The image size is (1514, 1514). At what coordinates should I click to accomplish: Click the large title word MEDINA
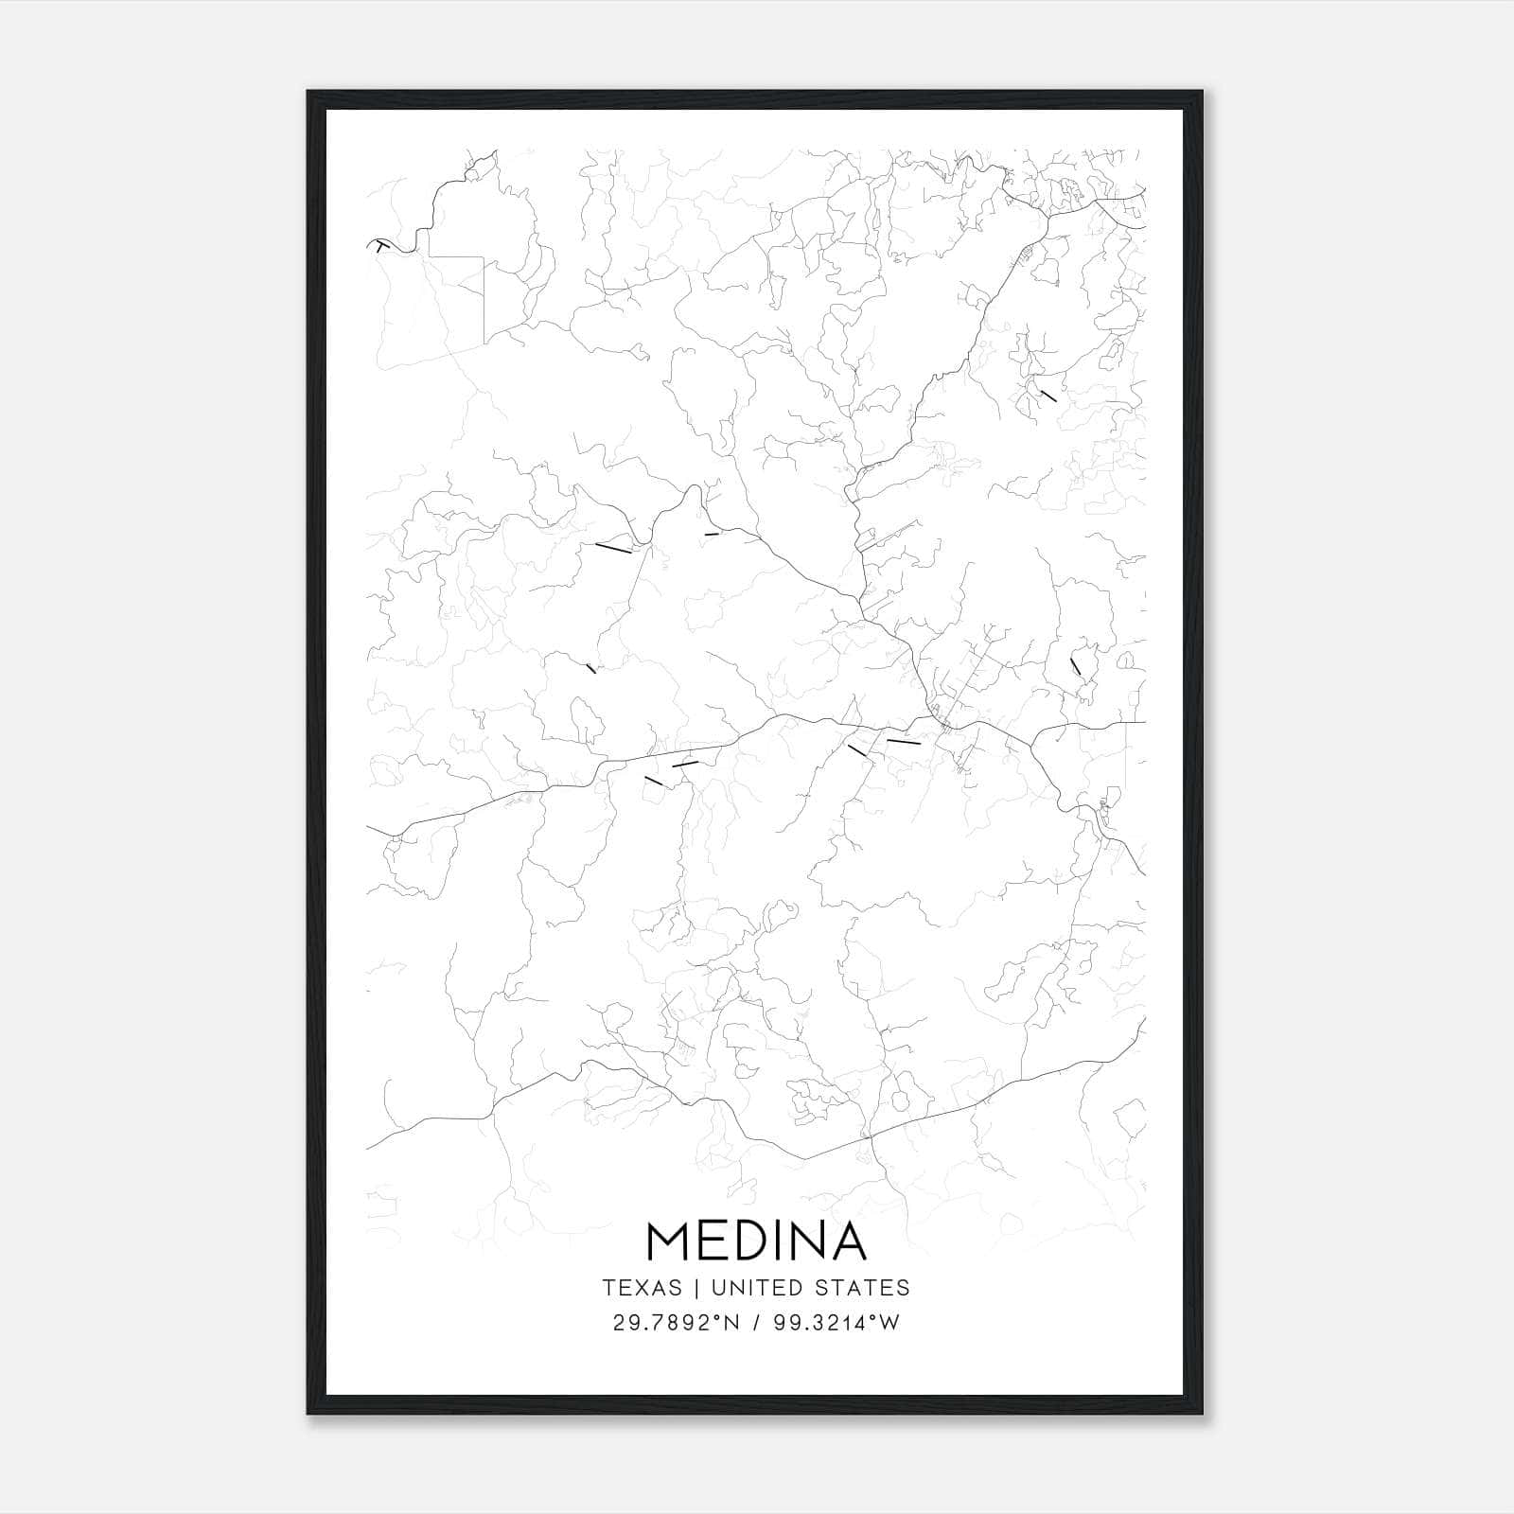[756, 1241]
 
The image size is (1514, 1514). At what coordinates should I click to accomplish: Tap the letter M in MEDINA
[670, 1241]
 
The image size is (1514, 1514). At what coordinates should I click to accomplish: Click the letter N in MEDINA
[805, 1241]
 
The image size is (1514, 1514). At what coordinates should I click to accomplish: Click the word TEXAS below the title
[642, 1288]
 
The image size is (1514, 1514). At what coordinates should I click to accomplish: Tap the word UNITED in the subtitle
[755, 1288]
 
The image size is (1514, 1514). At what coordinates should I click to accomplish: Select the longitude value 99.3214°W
[836, 1323]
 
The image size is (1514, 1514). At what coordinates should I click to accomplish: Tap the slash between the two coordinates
[757, 1323]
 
